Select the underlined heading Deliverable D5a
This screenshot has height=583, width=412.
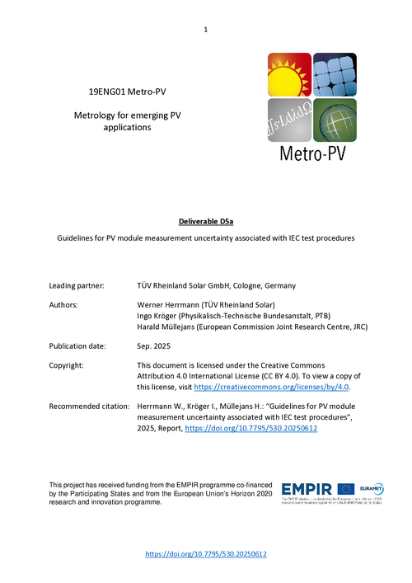(206, 221)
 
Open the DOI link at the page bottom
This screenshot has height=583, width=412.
(206, 555)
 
